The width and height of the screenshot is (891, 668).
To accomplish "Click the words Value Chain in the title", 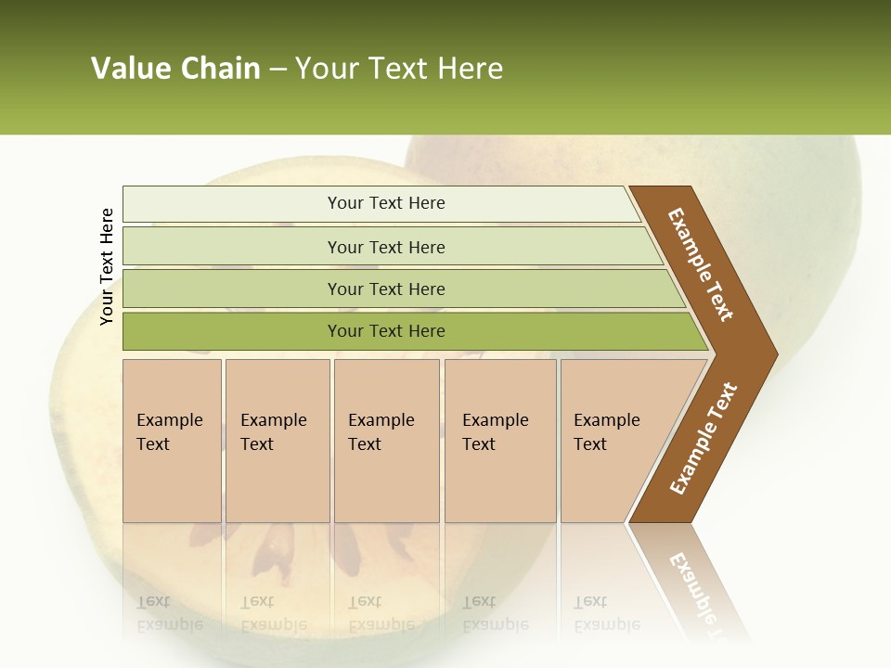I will point(175,69).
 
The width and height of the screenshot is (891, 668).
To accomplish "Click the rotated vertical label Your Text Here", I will point(107,266).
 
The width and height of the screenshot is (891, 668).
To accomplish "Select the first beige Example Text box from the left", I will point(172,441).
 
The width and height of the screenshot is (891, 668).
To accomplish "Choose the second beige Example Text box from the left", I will point(278,441).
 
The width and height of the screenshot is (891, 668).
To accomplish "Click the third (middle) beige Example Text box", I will point(386,441).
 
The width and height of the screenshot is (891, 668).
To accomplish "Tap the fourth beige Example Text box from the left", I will point(500,441).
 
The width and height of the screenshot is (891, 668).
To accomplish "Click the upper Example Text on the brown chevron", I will point(701,264).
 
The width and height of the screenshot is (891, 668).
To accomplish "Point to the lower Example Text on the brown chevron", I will point(703,439).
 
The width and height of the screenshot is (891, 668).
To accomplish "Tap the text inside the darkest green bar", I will point(386,331).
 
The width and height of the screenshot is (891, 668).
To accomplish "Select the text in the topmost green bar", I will point(386,203).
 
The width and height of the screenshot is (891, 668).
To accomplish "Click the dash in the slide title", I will point(278,70).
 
